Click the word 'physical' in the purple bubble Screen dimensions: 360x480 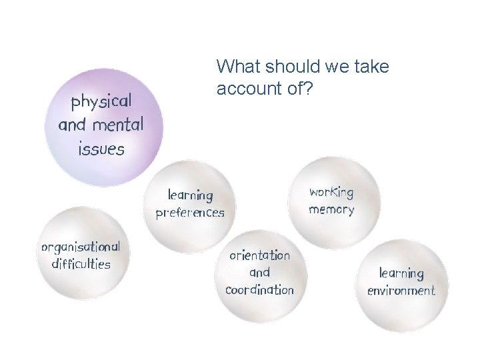[101, 103]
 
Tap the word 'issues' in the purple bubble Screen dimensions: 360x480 [101, 149]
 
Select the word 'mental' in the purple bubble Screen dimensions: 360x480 [119, 125]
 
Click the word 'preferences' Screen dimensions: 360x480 [190, 213]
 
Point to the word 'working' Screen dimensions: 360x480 [331, 192]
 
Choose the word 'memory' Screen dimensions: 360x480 [331, 210]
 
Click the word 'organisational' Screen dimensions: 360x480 [81, 247]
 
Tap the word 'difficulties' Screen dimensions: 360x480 [81, 264]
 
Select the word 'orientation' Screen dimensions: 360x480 [260, 255]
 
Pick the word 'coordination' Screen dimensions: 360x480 [259, 290]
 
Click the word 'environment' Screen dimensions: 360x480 [401, 291]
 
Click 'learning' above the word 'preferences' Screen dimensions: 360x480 [190, 195]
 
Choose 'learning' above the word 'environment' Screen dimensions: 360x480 [401, 273]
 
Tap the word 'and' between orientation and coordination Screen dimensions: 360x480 [259, 273]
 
